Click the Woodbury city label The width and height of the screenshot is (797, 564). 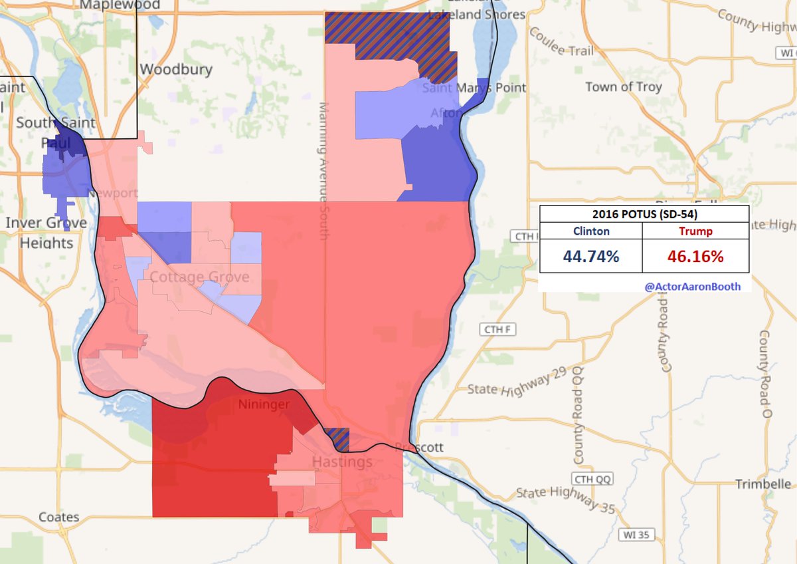[x=176, y=69]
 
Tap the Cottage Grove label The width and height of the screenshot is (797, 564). [x=199, y=277]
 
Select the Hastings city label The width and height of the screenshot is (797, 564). [x=343, y=462]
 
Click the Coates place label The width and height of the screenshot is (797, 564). [x=58, y=517]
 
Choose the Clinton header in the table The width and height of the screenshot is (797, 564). [x=590, y=231]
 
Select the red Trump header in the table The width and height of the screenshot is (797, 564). [x=695, y=231]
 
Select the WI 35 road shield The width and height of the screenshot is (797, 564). [x=634, y=534]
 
